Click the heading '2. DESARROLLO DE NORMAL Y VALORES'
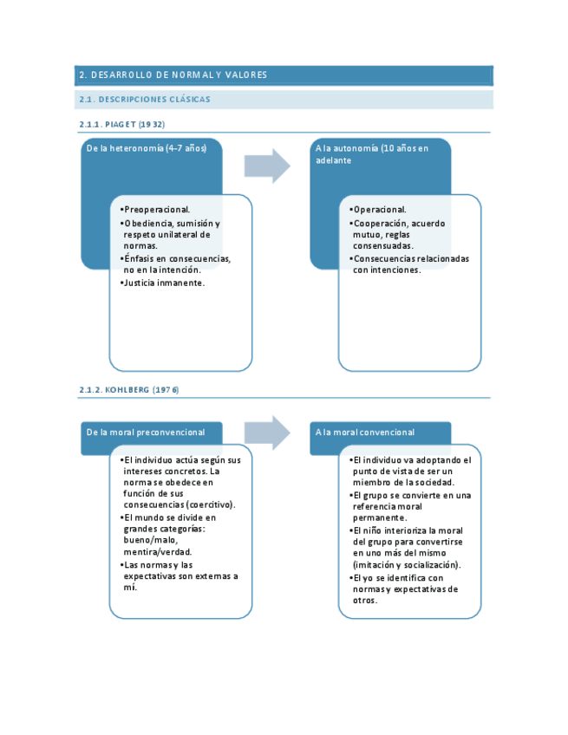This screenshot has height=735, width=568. pos(173,75)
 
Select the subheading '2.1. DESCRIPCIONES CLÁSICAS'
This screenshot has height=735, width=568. pos(144,100)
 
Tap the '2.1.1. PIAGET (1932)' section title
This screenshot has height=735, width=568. pos(121,125)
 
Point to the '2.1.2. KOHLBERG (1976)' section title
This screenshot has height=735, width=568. pos(128,390)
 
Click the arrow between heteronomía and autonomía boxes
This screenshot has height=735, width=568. pos(267,166)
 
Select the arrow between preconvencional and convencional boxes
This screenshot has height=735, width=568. pos(267,433)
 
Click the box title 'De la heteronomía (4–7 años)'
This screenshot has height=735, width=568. pos(146,148)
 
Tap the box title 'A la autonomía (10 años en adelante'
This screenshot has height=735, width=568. pos(373,154)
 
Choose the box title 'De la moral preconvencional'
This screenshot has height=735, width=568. pos(146,432)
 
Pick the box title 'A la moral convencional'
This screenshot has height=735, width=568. pos(365,432)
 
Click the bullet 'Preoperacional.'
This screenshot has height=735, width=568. pos(157,210)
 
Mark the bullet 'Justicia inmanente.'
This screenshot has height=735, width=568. pos(164,283)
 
